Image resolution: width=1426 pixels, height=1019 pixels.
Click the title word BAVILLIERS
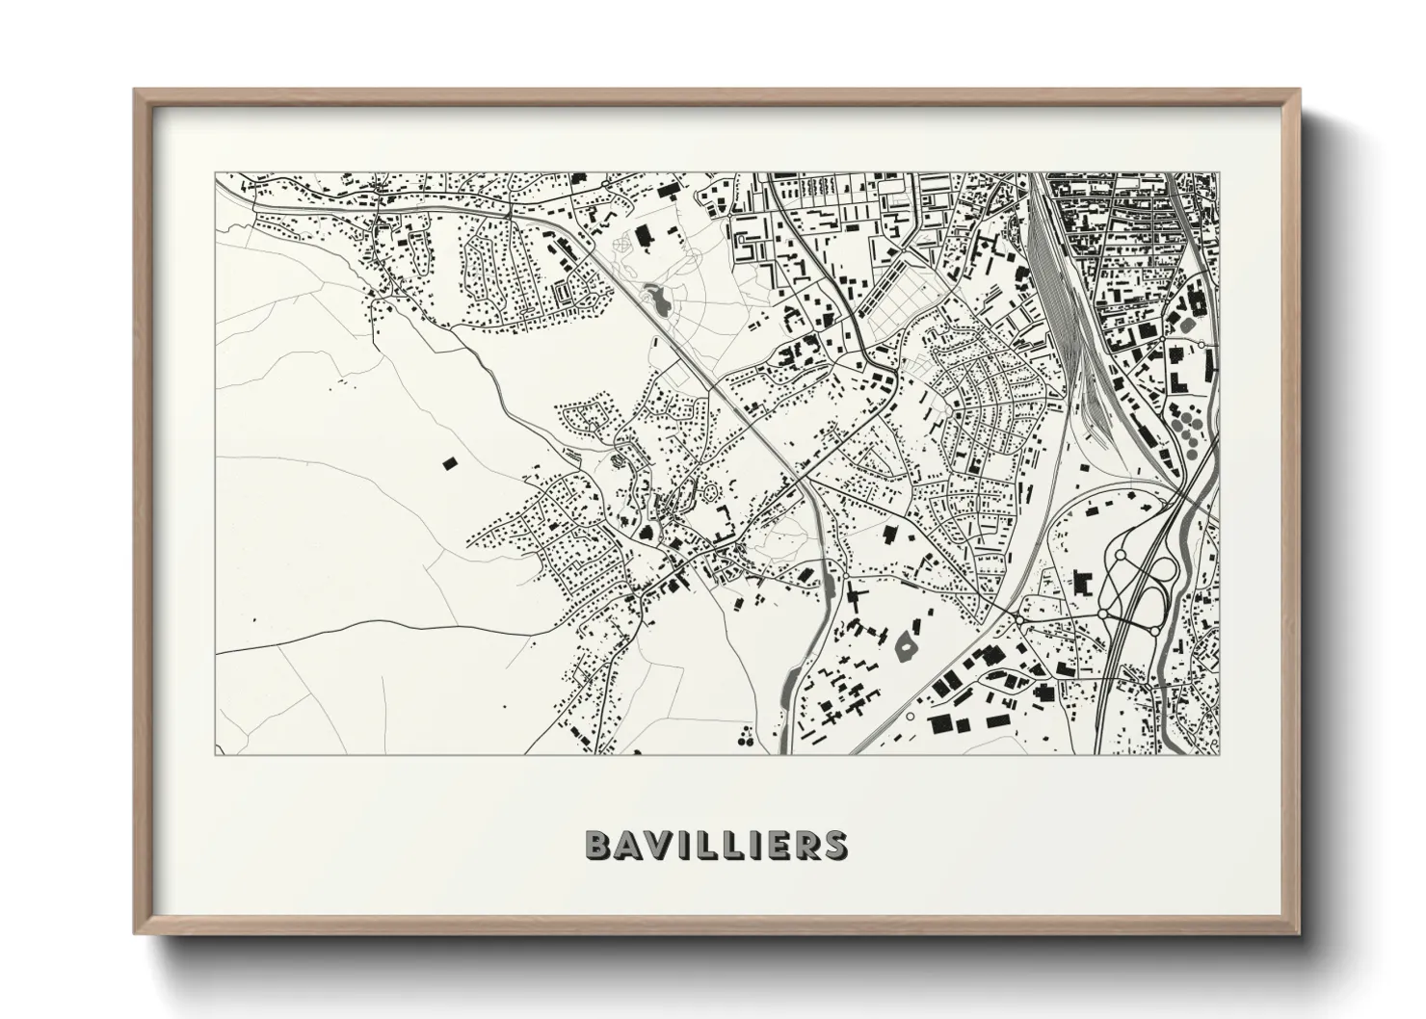pos(715,845)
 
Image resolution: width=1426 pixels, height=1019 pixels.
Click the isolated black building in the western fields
pos(448,463)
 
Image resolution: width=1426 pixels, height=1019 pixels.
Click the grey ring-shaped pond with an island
pos(907,645)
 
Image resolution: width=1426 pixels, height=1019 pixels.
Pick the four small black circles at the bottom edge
pos(745,740)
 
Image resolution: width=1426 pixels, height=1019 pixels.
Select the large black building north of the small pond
pos(643,234)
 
